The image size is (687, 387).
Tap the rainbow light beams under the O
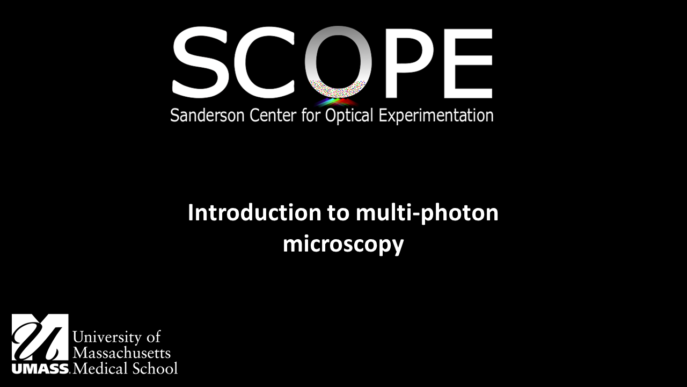point(337,101)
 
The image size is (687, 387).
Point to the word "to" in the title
point(338,213)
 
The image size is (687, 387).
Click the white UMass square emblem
point(40,338)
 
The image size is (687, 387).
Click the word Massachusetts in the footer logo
point(121,353)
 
